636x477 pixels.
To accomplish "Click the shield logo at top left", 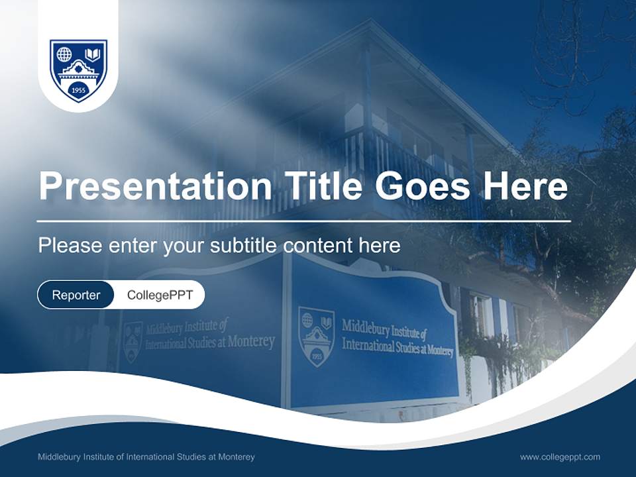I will (78, 70).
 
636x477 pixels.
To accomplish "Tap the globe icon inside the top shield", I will (64, 54).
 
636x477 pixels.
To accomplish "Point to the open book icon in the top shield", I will (93, 54).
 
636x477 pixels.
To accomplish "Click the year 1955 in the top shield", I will (78, 89).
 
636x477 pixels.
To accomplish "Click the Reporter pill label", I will (76, 295).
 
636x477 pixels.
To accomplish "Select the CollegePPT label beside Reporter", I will (160, 295).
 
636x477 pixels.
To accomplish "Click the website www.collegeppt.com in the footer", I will (560, 457).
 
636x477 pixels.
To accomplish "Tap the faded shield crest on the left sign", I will (132, 341).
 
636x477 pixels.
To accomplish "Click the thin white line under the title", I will (303, 221).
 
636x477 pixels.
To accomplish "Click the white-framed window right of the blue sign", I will (481, 315).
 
